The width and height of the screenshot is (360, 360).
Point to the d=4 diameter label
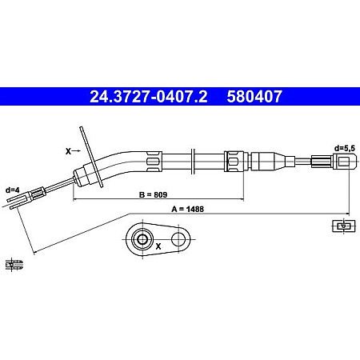click(12, 189)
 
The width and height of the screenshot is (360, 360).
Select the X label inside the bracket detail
click(158, 246)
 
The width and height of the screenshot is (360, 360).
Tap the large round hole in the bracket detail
click(142, 238)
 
